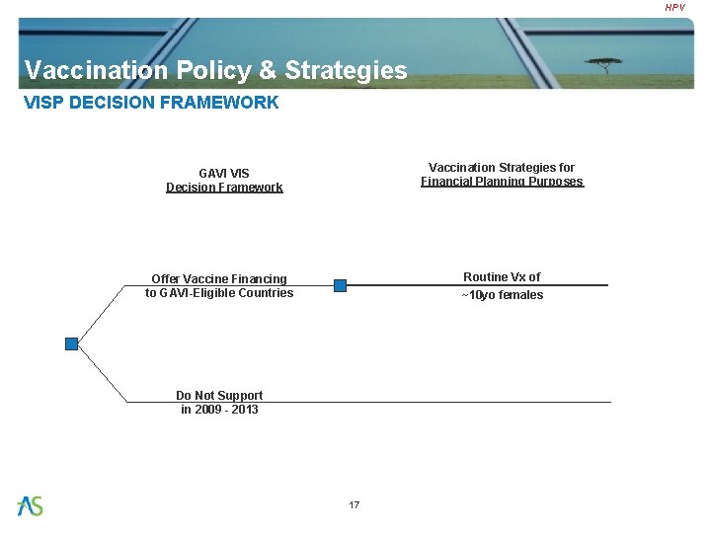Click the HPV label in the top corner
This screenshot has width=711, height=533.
coord(674,8)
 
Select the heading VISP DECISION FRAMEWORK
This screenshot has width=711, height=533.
coord(151,102)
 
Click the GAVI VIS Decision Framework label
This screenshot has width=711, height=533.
coord(224,180)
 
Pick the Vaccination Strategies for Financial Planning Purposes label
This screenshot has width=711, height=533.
coord(502,175)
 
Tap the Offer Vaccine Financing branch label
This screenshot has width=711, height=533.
coord(219,285)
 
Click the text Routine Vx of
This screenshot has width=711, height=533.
coord(502,277)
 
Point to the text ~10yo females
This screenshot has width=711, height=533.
coord(502,295)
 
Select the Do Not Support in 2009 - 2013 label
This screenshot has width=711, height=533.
coord(219,402)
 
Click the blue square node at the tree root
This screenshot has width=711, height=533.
coord(71,343)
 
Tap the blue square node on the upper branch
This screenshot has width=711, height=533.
coord(340,285)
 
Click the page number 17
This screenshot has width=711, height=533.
coord(355,505)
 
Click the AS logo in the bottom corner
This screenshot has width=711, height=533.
coord(31,505)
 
